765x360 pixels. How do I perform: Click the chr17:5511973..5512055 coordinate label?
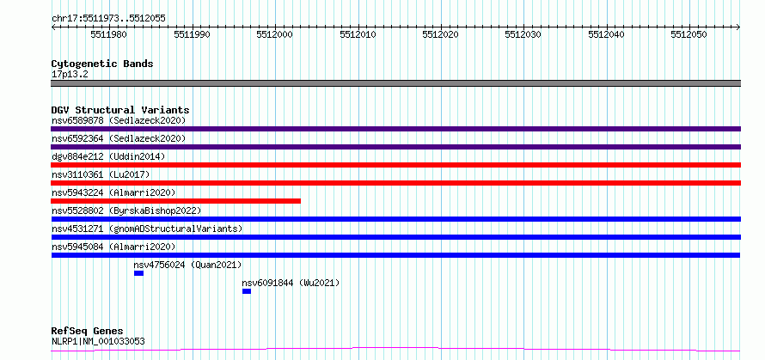pos(108,18)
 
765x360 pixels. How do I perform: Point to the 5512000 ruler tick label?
pos(275,34)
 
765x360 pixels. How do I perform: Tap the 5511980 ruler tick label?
pos(110,34)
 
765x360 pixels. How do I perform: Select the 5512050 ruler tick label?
pos(689,34)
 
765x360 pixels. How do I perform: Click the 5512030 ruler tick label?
pos(523,34)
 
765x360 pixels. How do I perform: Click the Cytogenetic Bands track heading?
pos(102,64)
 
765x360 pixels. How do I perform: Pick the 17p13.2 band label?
pos(70,75)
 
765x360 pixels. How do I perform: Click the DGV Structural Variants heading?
pos(120,110)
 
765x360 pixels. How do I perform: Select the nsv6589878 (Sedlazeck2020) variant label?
pos(119,120)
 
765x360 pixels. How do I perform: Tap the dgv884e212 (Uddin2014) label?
pos(108,156)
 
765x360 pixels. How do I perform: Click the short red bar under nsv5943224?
pos(175,201)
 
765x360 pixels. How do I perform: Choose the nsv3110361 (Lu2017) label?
pos(101,174)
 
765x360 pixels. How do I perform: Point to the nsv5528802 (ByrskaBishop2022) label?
pos(126,211)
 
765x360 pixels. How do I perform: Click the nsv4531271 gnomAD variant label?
pos(147,229)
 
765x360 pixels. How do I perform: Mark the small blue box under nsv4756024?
pos(138,273)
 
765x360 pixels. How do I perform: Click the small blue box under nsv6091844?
pos(247,291)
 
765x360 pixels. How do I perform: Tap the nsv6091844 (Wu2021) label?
pos(291,283)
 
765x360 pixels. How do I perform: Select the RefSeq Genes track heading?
pos(88,332)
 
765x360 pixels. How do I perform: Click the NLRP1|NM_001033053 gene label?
pos(98,341)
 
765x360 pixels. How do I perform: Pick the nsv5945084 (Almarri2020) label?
pos(113,247)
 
